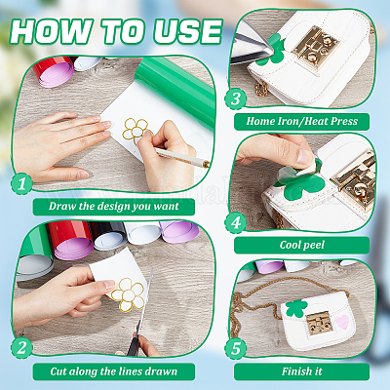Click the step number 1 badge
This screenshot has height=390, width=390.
point(21,184)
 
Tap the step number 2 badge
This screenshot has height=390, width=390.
point(21,348)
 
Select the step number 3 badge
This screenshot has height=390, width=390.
point(236,98)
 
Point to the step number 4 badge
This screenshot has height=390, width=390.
point(236,223)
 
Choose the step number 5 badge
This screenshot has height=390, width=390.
point(236,348)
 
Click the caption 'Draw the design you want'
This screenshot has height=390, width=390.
point(114,207)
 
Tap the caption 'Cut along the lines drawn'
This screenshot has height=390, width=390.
point(114,371)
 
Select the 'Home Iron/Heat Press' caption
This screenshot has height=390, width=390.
point(301,121)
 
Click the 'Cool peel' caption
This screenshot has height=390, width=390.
point(302,245)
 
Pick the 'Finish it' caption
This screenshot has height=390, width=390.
point(302,371)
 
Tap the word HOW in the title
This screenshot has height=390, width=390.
point(50,31)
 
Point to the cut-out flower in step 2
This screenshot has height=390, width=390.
point(128,294)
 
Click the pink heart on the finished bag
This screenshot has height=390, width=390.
point(342,322)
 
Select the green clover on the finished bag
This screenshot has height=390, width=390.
point(296,308)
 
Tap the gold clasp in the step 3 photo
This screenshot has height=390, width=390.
point(316,48)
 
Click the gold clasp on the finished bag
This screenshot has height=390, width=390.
point(320,323)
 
